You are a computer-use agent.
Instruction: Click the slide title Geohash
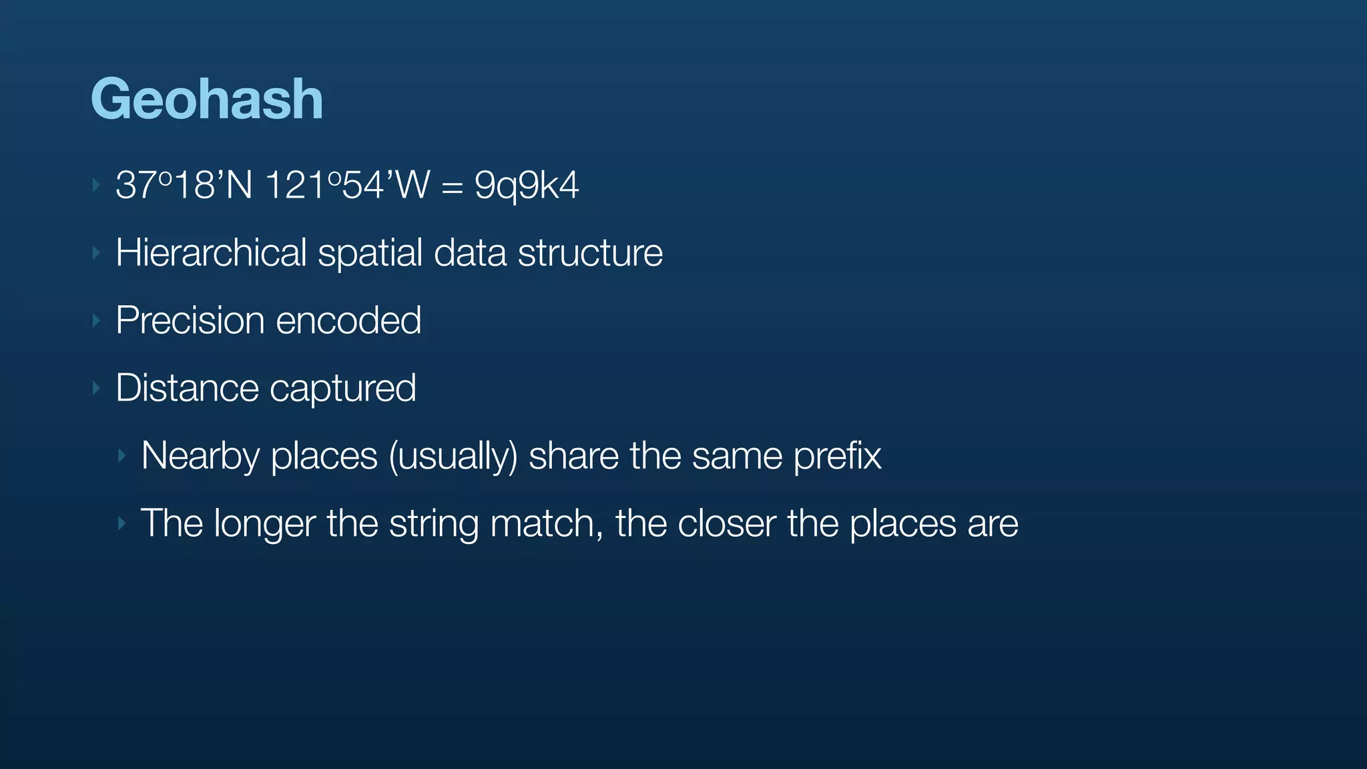tap(207, 99)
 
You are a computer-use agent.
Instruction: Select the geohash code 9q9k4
tap(526, 186)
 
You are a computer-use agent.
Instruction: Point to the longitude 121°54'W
tap(347, 186)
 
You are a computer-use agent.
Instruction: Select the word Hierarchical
tap(211, 253)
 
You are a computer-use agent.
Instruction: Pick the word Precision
tap(190, 320)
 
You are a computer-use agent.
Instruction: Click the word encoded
tap(348, 320)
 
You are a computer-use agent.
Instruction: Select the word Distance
tap(187, 388)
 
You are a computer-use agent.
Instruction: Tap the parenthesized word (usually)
tap(453, 457)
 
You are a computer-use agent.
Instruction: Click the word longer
tap(264, 524)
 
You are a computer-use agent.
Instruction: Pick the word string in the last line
tap(434, 524)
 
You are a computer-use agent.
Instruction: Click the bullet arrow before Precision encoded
tap(97, 321)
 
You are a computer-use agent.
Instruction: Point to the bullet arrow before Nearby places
tap(122, 456)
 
